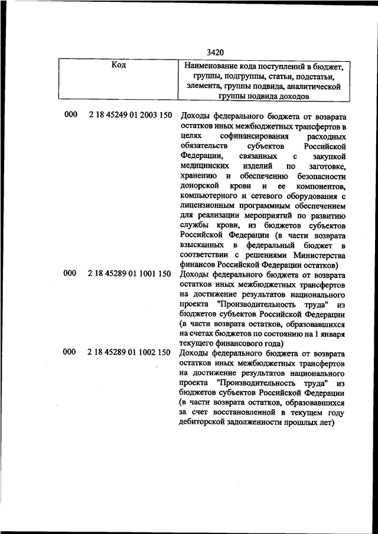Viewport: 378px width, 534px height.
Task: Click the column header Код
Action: (118, 65)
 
